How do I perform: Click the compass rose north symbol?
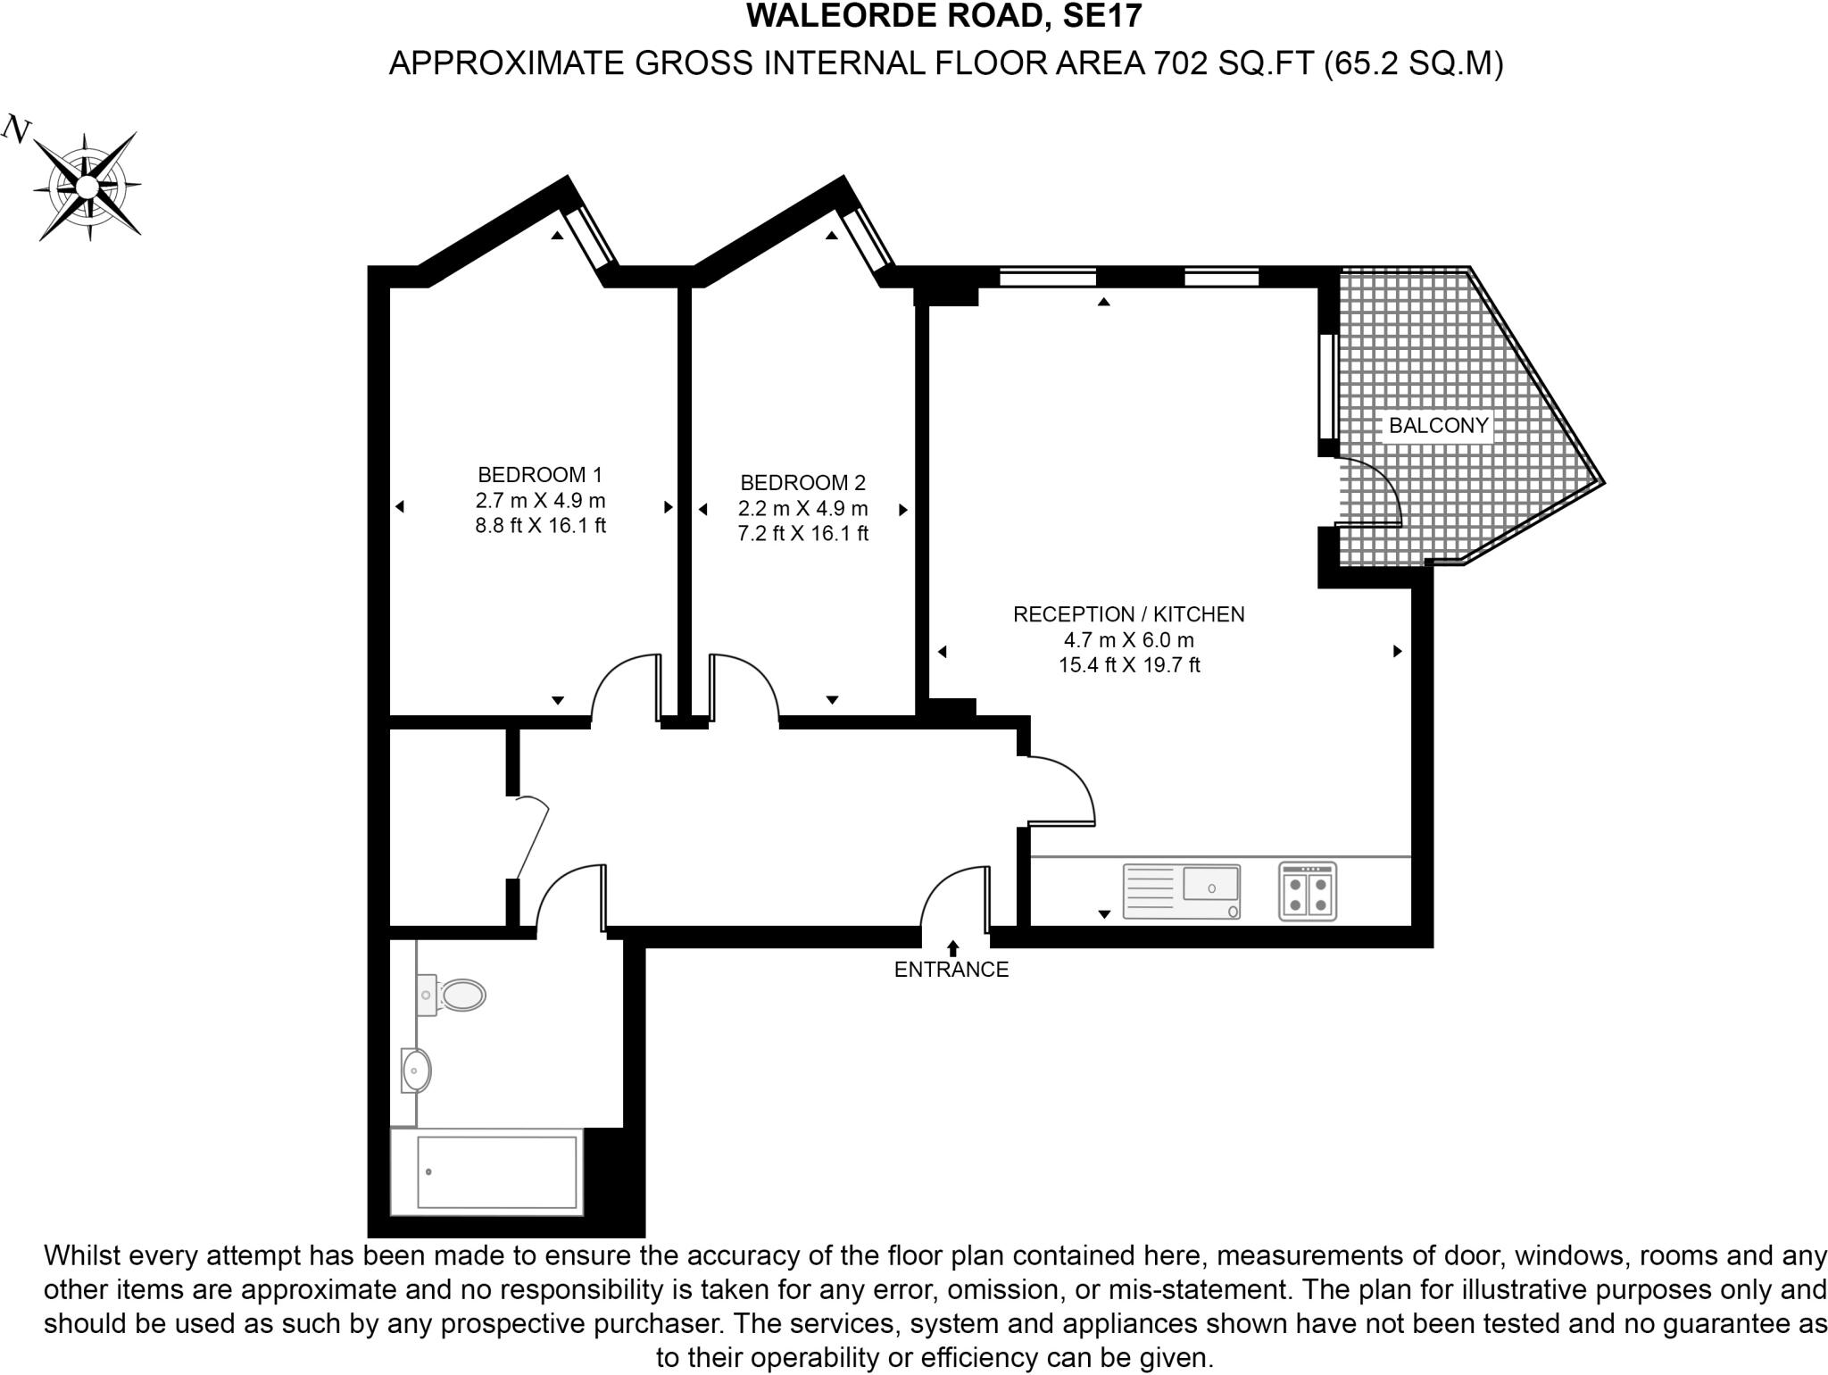pos(86,186)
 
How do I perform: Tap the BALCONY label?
pos(1438,426)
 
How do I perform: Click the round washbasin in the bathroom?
pos(415,1070)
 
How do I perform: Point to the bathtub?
pos(487,1172)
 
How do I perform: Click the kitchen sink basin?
pos(1210,884)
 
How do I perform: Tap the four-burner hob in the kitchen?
pos(1307,891)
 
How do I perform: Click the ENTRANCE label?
pos(951,970)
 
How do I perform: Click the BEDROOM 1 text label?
pos(540,475)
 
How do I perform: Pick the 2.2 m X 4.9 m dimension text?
pos(802,509)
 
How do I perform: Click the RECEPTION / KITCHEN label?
pos(1128,614)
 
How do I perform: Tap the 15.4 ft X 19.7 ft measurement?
pos(1128,665)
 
